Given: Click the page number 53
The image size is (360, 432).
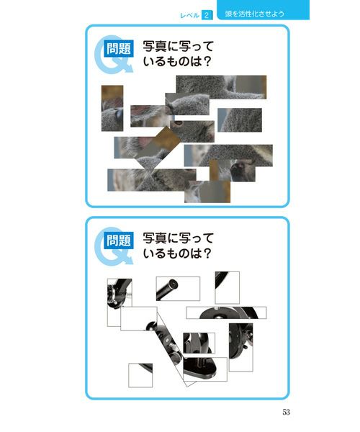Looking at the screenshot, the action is [x=286, y=412].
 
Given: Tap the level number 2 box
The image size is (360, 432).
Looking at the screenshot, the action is [x=207, y=15].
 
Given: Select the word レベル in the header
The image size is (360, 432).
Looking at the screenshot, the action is [x=189, y=15].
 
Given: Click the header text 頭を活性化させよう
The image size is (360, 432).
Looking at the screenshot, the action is [x=254, y=14].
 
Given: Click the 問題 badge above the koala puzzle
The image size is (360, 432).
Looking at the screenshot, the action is [x=118, y=49].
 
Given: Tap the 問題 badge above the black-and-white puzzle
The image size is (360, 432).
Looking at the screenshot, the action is [x=118, y=240].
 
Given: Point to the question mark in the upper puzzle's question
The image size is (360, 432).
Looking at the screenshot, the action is [x=207, y=61].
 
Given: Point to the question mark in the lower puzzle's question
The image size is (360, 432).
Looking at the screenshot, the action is [x=207, y=253].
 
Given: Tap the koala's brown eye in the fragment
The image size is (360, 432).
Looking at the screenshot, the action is [x=179, y=123].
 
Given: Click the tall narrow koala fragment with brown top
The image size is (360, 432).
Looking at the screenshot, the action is [x=112, y=108].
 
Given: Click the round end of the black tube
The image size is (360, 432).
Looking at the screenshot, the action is [x=174, y=284].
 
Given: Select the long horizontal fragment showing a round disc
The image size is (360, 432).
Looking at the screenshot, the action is [x=226, y=312].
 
